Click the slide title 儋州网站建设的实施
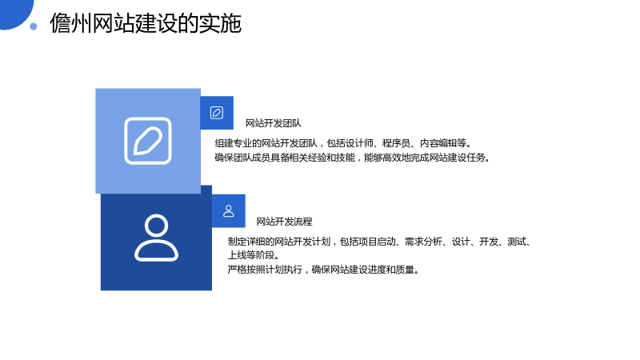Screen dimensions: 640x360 point(146,23)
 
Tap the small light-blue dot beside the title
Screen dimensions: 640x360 point(34,26)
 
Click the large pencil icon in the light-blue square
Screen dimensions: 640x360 point(148,141)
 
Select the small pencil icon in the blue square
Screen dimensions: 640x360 point(217,113)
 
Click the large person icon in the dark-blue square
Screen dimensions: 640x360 point(156,238)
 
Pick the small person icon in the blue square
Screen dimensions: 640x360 point(229,211)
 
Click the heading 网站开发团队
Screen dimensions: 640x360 point(273,123)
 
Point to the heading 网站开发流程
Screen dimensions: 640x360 point(284,222)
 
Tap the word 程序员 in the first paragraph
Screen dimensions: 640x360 point(396,143)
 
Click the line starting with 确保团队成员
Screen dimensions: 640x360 point(352,158)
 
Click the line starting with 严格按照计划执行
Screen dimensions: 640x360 point(324,270)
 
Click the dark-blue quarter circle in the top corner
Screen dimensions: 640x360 point(14,12)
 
